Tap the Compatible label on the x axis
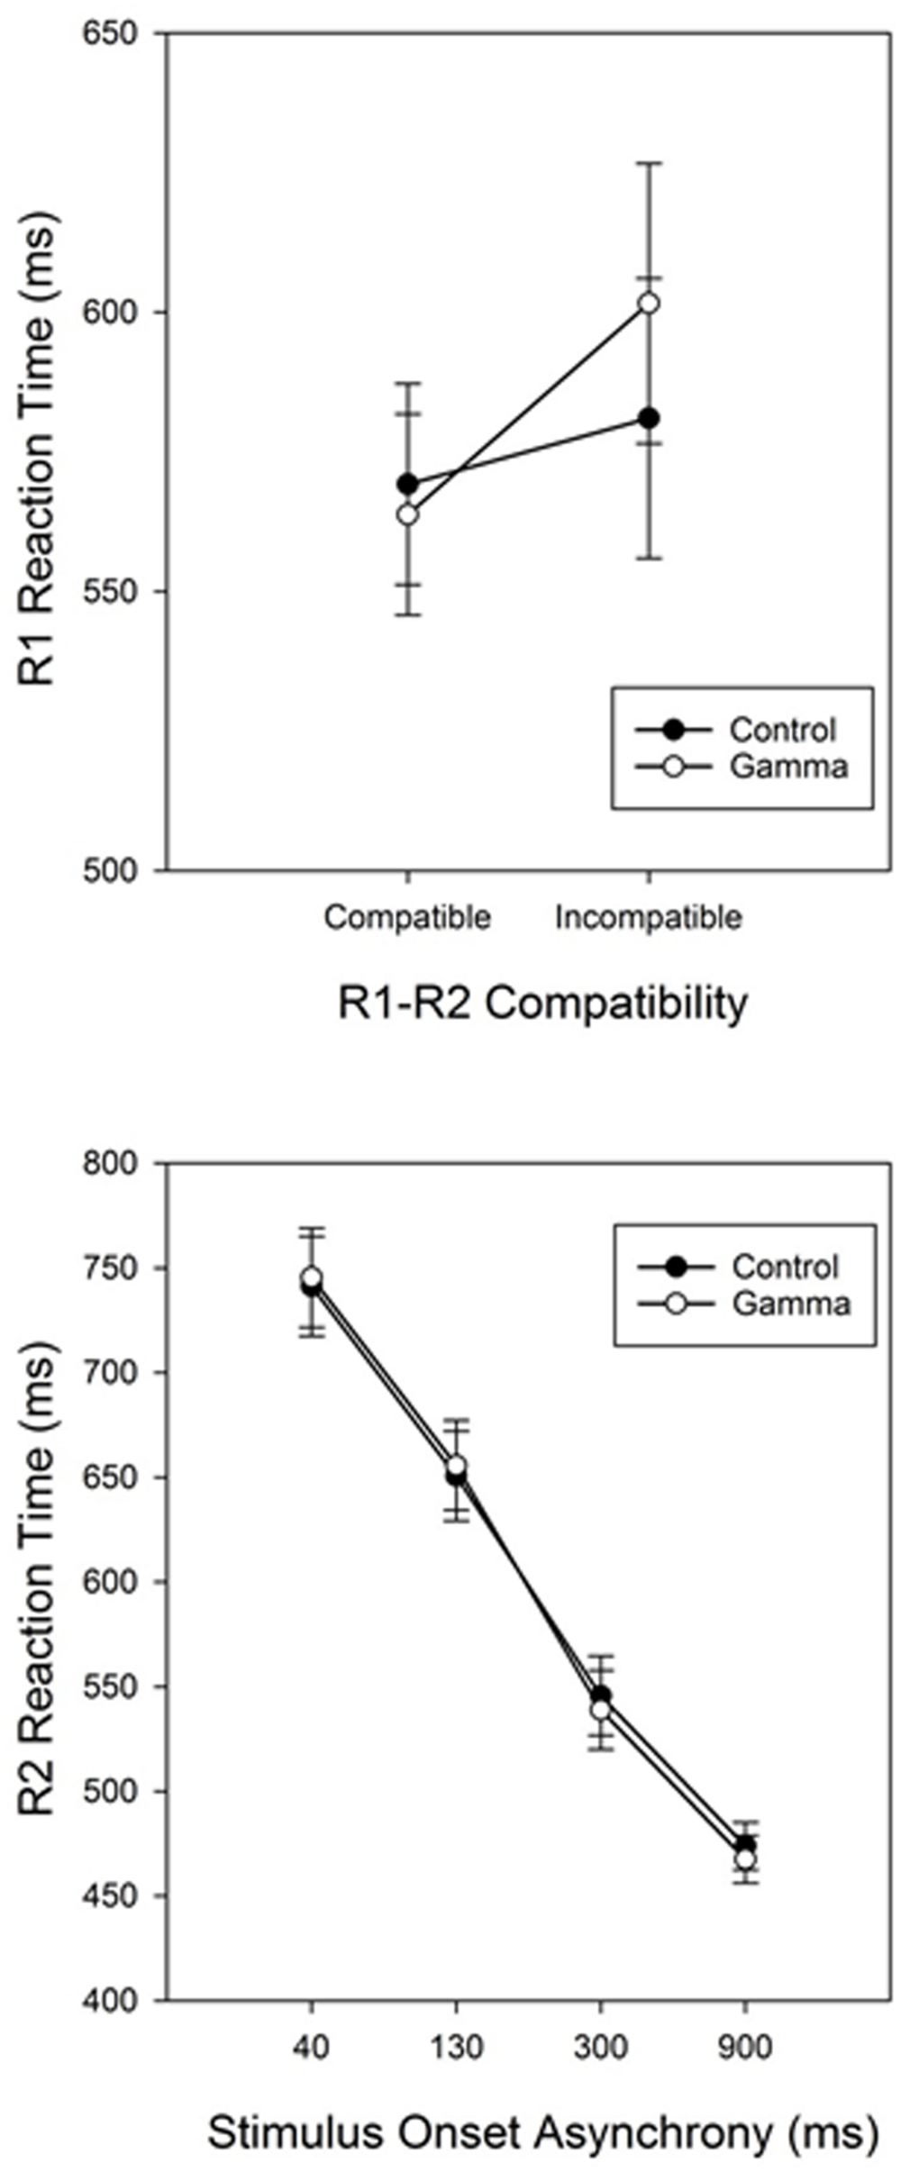(x=407, y=917)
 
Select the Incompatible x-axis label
(x=648, y=917)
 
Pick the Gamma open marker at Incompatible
(x=648, y=304)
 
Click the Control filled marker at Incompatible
(x=648, y=418)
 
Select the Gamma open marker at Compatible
(x=407, y=514)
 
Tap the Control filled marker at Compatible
(x=407, y=485)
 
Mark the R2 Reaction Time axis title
(x=38, y=1577)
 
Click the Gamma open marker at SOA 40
(x=312, y=1277)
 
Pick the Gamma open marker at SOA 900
(x=745, y=1859)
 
